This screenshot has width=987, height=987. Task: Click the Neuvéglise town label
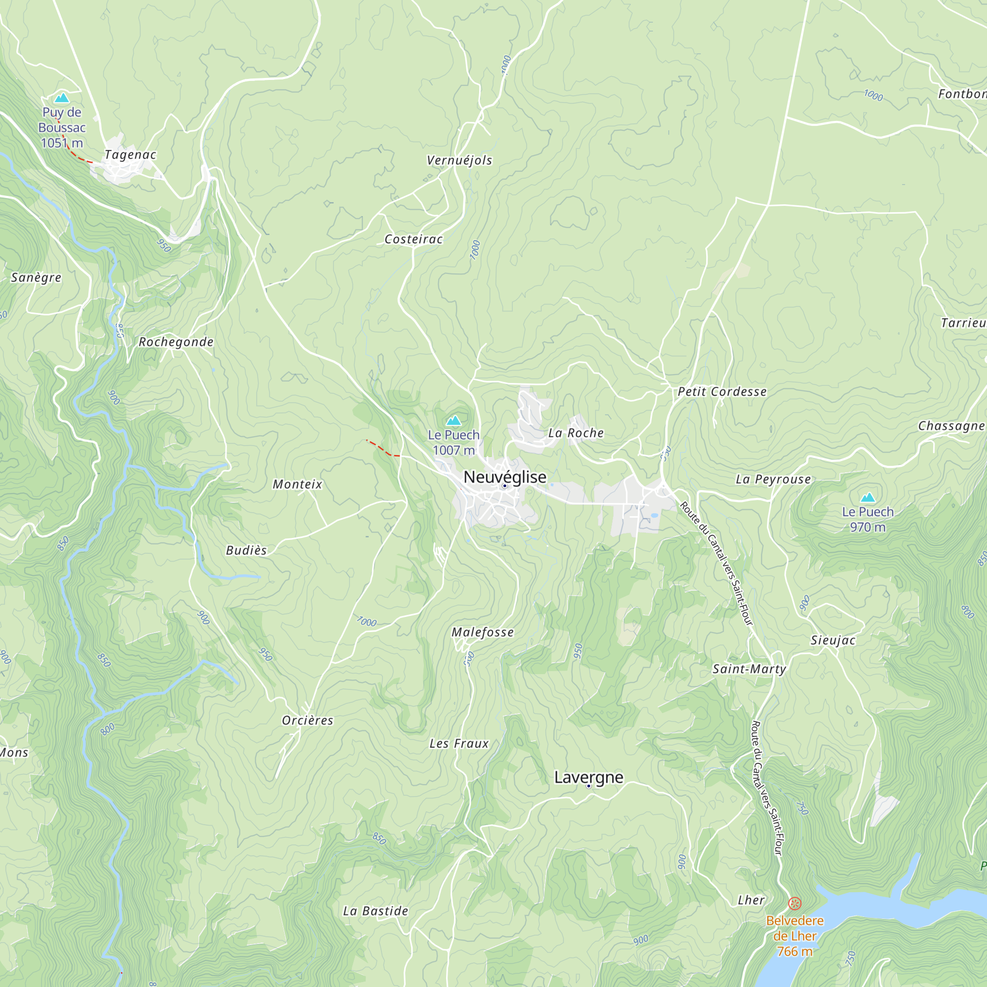pos(505,477)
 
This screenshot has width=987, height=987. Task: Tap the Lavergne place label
pos(589,777)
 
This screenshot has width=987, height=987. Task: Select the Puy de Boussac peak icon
pos(62,98)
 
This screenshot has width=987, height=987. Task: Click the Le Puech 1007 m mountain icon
pos(454,420)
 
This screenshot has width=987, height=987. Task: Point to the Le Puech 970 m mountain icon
pos(868,497)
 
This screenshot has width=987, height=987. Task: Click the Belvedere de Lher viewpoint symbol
pos(795,903)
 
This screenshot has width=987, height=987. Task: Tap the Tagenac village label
pos(130,155)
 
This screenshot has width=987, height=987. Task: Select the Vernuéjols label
pos(459,160)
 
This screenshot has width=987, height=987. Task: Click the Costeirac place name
pos(413,239)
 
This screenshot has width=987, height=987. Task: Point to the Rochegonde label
pos(176,342)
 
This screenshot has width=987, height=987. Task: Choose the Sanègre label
pos(36,277)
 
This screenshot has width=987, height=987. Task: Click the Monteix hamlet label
pos(297,484)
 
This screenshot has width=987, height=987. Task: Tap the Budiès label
pos(246,550)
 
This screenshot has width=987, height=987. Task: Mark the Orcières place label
pos(307,721)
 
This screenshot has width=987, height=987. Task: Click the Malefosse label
pos(482,633)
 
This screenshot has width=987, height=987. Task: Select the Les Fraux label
pos(459,744)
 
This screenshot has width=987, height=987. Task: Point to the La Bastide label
pos(376,911)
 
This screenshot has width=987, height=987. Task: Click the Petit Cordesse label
pos(722,392)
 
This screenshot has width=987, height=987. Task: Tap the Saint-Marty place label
pos(749,669)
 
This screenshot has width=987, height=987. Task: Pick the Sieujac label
pos(833,640)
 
